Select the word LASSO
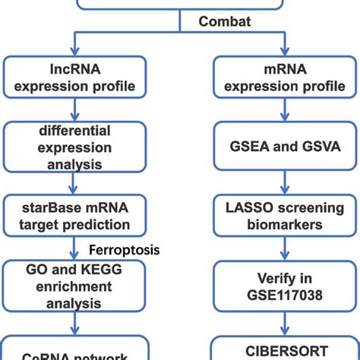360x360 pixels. [x=245, y=206]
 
